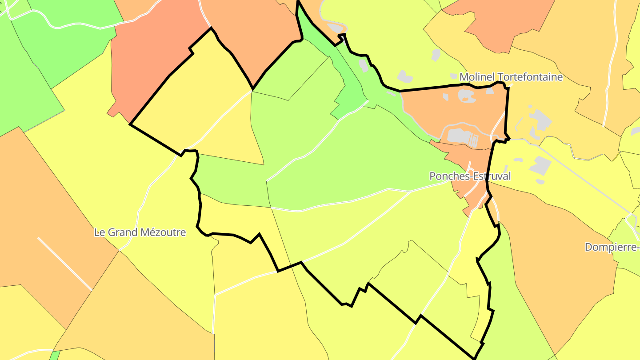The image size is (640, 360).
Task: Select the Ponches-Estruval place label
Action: point(470,176)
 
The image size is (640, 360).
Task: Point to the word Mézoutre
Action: point(163,232)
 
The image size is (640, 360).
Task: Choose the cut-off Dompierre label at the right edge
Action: point(612,247)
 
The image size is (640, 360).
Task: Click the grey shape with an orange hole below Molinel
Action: point(465,95)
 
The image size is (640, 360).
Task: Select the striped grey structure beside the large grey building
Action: point(474,141)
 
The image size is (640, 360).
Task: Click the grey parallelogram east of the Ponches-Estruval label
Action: point(540,166)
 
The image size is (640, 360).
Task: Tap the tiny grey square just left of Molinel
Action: point(453,76)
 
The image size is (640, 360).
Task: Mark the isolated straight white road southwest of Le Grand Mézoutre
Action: point(65,264)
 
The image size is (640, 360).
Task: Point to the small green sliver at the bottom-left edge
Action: point(55,355)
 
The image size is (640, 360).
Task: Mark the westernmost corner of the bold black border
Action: point(130,124)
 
